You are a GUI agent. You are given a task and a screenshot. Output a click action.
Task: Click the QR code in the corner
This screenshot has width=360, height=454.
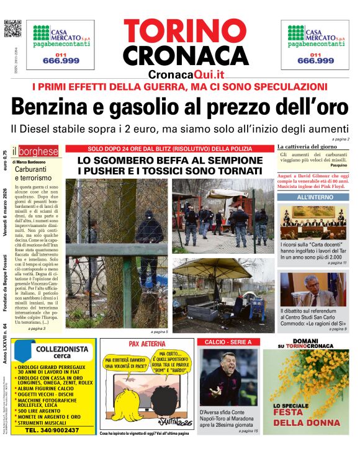pyautogui.click(x=12, y=29)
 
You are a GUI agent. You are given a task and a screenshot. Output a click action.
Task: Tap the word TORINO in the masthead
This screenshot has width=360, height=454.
pyautogui.click(x=186, y=30)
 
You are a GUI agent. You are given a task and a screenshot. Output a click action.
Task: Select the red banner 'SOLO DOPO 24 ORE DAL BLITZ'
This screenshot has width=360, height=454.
pyautogui.click(x=169, y=149)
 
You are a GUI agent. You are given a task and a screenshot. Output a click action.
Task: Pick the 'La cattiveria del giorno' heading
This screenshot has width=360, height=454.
pyautogui.click(x=307, y=146)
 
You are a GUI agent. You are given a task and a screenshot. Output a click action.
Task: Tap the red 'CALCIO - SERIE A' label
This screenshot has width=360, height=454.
pyautogui.click(x=228, y=342)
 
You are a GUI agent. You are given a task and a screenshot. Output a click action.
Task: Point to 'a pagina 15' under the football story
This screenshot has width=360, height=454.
pyautogui.click(x=246, y=430)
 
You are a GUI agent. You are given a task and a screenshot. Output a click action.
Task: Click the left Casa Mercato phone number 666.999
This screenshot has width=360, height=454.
pyautogui.click(x=60, y=60)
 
